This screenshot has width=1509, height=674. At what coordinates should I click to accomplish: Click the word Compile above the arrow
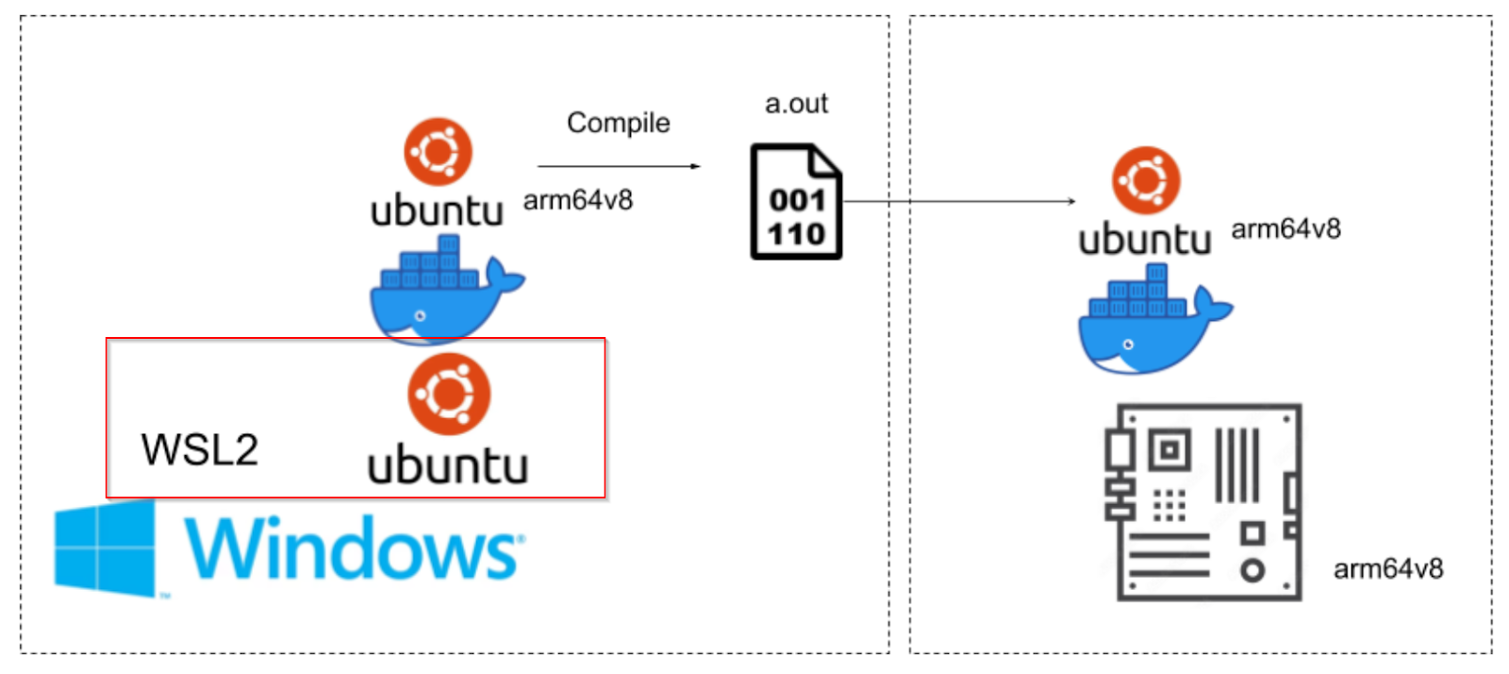coord(619,124)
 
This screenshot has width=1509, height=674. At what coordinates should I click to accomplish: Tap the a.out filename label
coord(796,104)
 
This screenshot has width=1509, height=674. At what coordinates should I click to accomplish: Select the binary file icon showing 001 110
coord(796,201)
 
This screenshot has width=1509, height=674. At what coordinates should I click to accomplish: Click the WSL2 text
coord(199,449)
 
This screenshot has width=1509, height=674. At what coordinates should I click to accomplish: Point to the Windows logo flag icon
coord(105,548)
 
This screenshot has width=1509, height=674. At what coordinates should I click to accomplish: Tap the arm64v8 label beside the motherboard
coord(1388,569)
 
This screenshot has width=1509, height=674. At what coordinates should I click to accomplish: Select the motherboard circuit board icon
coord(1203,502)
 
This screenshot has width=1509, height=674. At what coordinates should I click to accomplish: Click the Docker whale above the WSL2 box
coord(447,290)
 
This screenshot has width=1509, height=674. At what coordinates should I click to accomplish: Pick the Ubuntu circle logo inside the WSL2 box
coord(449,395)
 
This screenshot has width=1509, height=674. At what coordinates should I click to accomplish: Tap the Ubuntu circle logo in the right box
coord(1146,180)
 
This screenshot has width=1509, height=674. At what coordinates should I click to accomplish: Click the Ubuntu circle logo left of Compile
coord(438,152)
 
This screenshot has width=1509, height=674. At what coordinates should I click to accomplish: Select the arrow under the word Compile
coord(619,166)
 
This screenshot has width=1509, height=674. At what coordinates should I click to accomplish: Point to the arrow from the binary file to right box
coord(959,201)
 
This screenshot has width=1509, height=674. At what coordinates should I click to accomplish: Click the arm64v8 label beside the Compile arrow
coord(578,201)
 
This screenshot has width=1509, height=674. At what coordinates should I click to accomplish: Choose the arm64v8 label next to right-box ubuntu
coord(1286,229)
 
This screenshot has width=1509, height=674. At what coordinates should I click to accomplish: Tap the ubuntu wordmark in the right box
coord(1145,239)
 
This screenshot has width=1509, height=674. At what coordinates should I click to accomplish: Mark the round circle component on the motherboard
coord(1252,571)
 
